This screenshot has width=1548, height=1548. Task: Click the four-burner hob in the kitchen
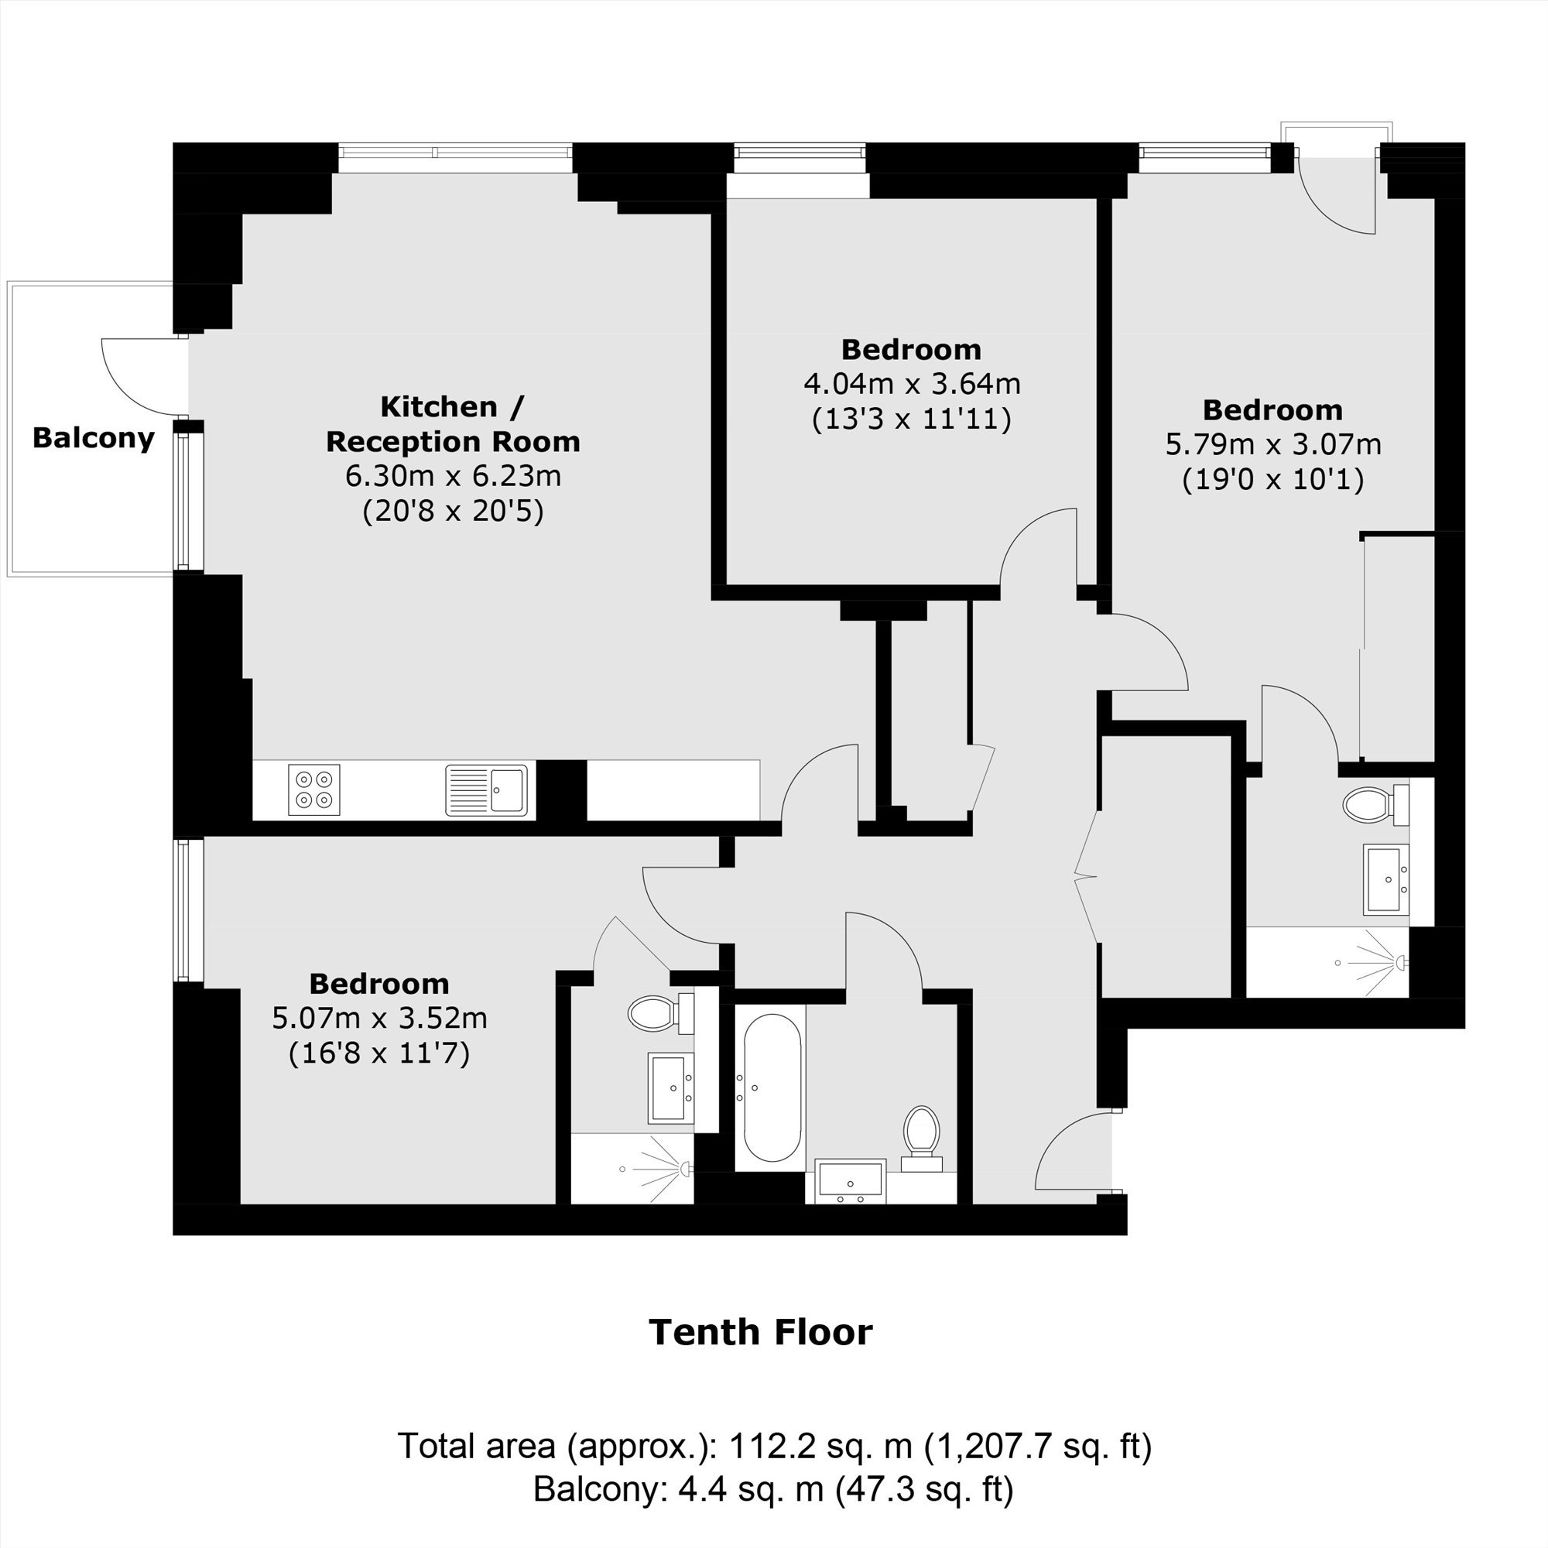coord(314,790)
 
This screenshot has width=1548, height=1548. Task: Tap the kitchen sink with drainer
coord(486,790)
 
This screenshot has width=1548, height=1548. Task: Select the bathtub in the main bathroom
coord(772,1087)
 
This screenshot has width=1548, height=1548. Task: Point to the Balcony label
coord(94,438)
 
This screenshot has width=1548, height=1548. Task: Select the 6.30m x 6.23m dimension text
coord(454,476)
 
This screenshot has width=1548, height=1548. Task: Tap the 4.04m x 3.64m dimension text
coord(912,384)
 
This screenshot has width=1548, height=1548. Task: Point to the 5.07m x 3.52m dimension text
coord(380,1018)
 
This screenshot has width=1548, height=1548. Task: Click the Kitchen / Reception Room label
coord(454,424)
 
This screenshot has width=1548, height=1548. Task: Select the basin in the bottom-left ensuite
coord(670,1087)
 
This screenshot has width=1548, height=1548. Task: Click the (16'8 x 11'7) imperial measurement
coord(380,1053)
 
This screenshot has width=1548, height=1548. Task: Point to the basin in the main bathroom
coord(850,1181)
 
